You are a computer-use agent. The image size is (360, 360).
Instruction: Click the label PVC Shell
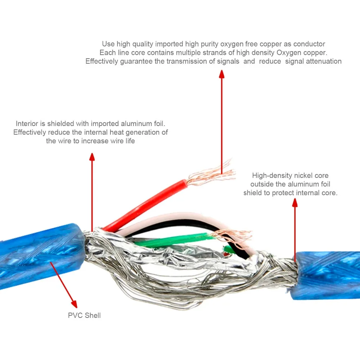[x=84, y=315]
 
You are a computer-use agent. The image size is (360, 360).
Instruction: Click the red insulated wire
[x=145, y=205]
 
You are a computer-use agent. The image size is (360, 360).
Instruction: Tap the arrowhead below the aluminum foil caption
[x=92, y=157]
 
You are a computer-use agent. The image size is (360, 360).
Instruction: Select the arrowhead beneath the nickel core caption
[x=295, y=203]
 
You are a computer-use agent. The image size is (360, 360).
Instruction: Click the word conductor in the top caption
[x=309, y=44]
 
